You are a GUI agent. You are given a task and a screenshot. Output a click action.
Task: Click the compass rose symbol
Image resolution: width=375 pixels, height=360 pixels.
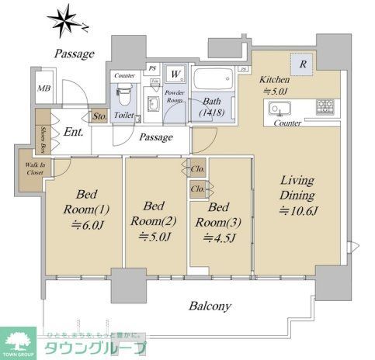pyautogui.click(x=64, y=18)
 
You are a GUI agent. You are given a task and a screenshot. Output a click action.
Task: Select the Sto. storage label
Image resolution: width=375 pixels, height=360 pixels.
pyautogui.click(x=99, y=116)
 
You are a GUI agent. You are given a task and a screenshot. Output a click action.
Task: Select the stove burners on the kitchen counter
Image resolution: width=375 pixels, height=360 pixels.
pyautogui.click(x=325, y=106)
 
